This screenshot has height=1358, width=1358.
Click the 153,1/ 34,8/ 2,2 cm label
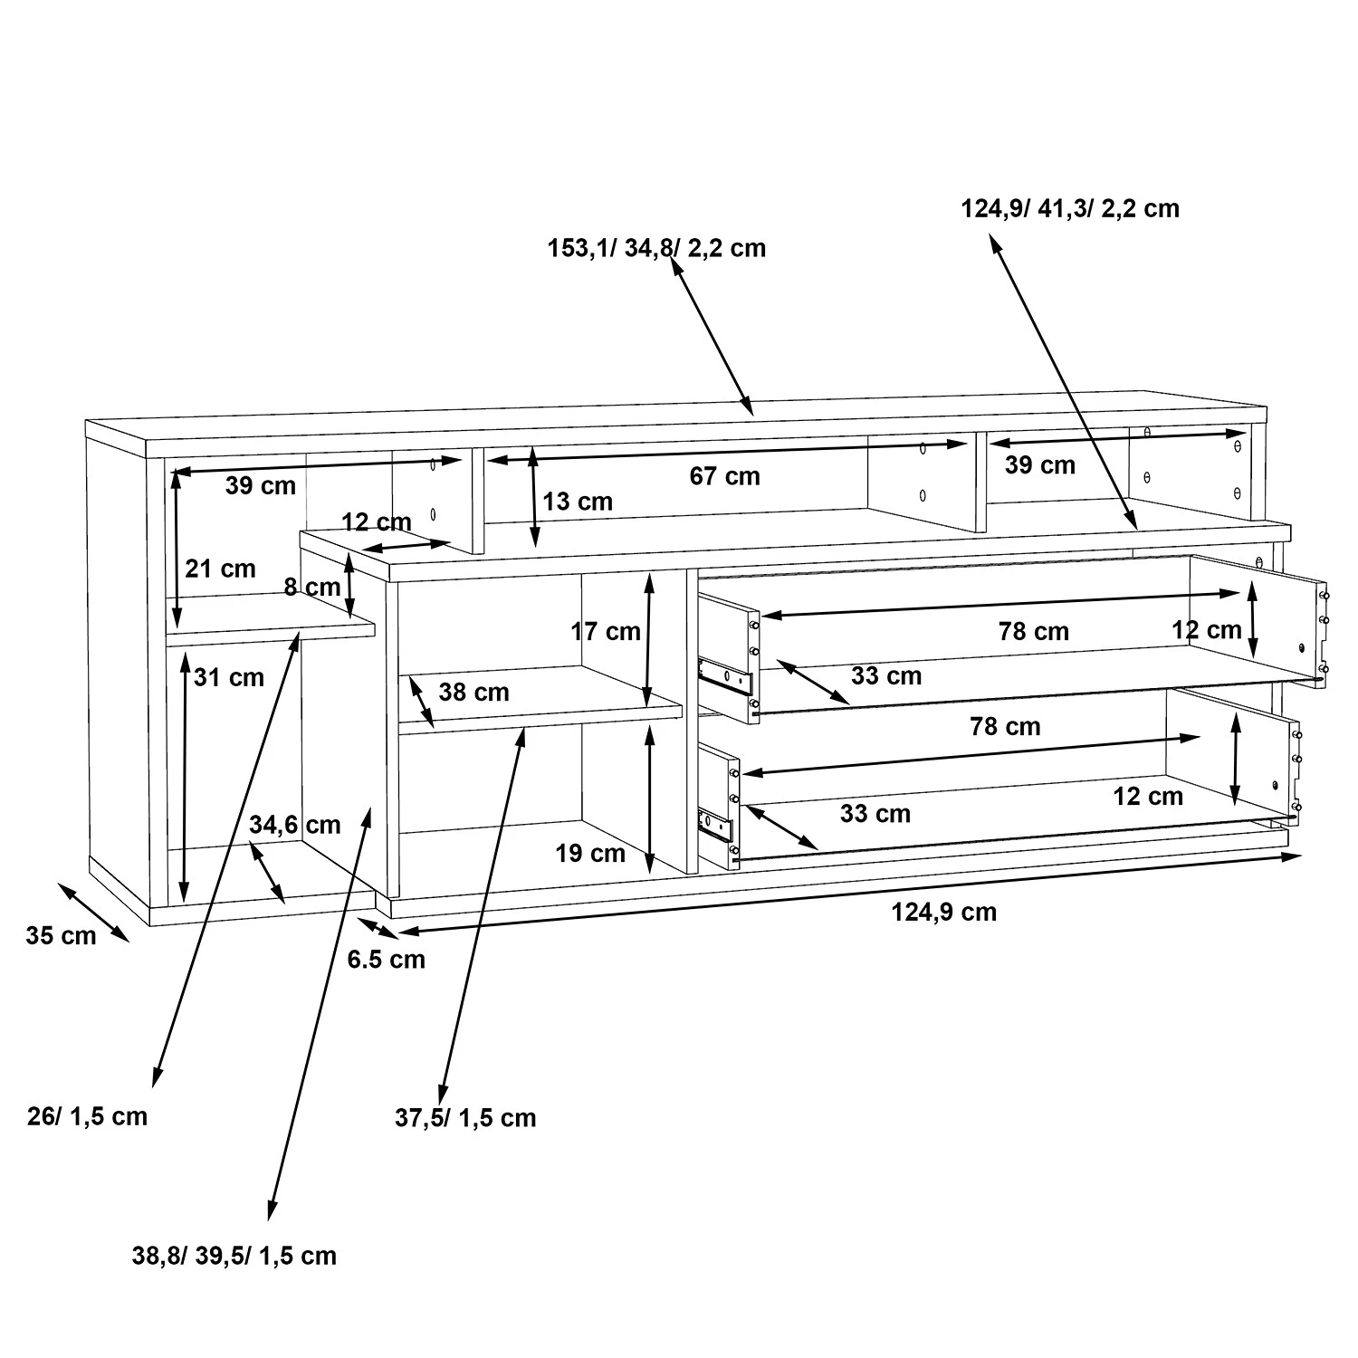coord(656,248)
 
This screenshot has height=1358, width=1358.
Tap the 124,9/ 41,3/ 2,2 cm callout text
coord(1069,209)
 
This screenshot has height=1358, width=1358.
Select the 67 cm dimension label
coord(724,476)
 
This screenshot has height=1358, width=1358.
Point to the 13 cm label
coord(578,502)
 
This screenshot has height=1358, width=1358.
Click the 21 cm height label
coord(220,569)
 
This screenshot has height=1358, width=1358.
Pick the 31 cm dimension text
coord(228,678)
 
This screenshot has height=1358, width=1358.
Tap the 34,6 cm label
coord(295,825)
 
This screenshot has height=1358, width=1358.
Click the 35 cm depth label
coord(60,936)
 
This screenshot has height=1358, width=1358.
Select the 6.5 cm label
coord(386,960)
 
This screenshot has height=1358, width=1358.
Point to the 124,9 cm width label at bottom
coord(943,913)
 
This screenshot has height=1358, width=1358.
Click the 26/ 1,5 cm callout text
coord(87,1116)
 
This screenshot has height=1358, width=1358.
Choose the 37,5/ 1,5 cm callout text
coord(465,1118)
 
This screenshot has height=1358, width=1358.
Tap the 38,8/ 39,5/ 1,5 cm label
coord(234,1257)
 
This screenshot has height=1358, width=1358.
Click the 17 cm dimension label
coord(605,632)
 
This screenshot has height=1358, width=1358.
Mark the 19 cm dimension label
coord(590,854)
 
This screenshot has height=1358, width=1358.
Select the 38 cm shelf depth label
coord(473,693)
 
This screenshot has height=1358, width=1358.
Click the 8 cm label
coord(311,588)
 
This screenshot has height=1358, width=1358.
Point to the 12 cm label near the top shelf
coord(377,522)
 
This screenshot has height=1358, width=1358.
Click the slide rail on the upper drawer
coord(726,677)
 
